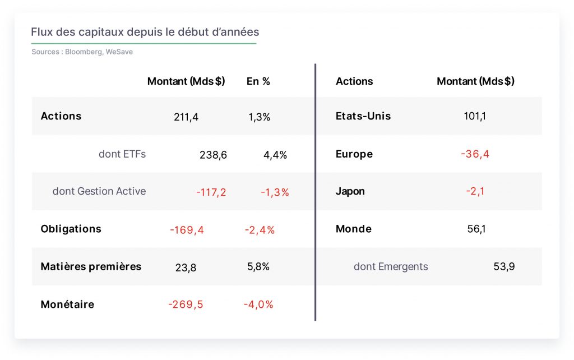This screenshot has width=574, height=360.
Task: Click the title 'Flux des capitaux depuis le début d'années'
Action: click(x=145, y=32)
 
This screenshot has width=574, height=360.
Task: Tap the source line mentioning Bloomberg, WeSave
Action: click(x=82, y=52)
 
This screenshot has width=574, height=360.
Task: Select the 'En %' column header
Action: click(x=258, y=81)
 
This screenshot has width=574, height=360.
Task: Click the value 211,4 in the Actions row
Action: click(x=186, y=117)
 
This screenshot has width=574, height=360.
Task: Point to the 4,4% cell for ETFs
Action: click(x=275, y=155)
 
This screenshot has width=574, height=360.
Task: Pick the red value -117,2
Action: click(x=211, y=192)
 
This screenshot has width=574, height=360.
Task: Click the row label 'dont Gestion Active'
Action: click(x=99, y=191)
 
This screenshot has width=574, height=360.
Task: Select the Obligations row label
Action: click(x=71, y=229)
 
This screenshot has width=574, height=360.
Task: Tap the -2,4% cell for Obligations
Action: click(x=260, y=230)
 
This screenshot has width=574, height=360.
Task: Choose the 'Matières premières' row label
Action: click(x=91, y=266)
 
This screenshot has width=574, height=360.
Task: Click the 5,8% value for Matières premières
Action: click(x=258, y=266)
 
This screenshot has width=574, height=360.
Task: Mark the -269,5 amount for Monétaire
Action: click(x=186, y=304)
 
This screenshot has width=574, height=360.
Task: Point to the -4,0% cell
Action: click(x=258, y=304)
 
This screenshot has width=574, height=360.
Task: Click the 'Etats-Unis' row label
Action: click(x=363, y=116)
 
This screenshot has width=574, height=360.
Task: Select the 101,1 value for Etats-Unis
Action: click(x=475, y=116)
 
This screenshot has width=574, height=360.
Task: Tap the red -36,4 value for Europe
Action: click(x=475, y=154)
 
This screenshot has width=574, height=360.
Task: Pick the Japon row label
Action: click(x=350, y=191)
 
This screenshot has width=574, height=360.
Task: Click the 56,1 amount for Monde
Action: click(x=476, y=229)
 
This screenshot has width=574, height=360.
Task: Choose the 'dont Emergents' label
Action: click(x=391, y=266)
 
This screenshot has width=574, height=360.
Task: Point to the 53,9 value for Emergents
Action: click(x=504, y=266)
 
